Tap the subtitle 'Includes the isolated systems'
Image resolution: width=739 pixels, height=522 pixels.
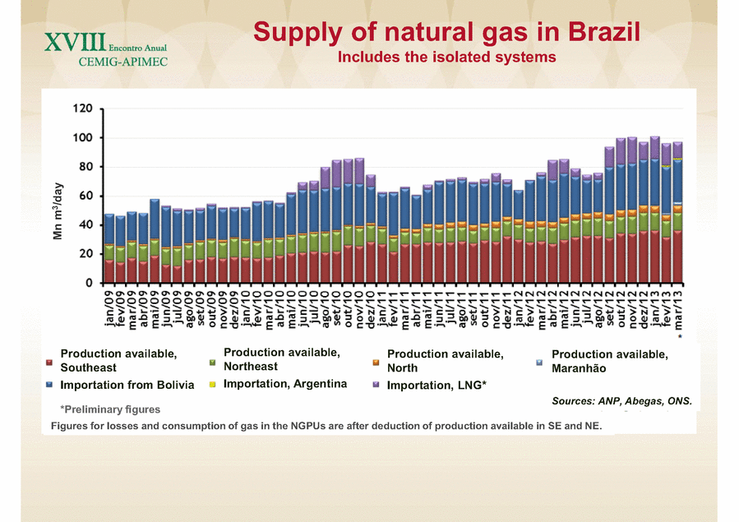(x=447, y=58)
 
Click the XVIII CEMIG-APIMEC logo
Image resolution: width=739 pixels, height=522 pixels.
(x=103, y=49)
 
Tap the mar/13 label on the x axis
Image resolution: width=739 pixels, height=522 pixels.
(x=678, y=311)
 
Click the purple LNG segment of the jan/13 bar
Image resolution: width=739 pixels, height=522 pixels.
(x=654, y=147)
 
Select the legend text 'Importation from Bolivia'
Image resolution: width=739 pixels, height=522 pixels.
(x=127, y=385)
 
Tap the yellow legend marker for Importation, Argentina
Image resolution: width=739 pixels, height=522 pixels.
(x=213, y=384)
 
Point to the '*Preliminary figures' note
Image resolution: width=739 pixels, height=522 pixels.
(x=110, y=409)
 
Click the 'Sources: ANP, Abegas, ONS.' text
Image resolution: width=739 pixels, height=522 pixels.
(x=622, y=402)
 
